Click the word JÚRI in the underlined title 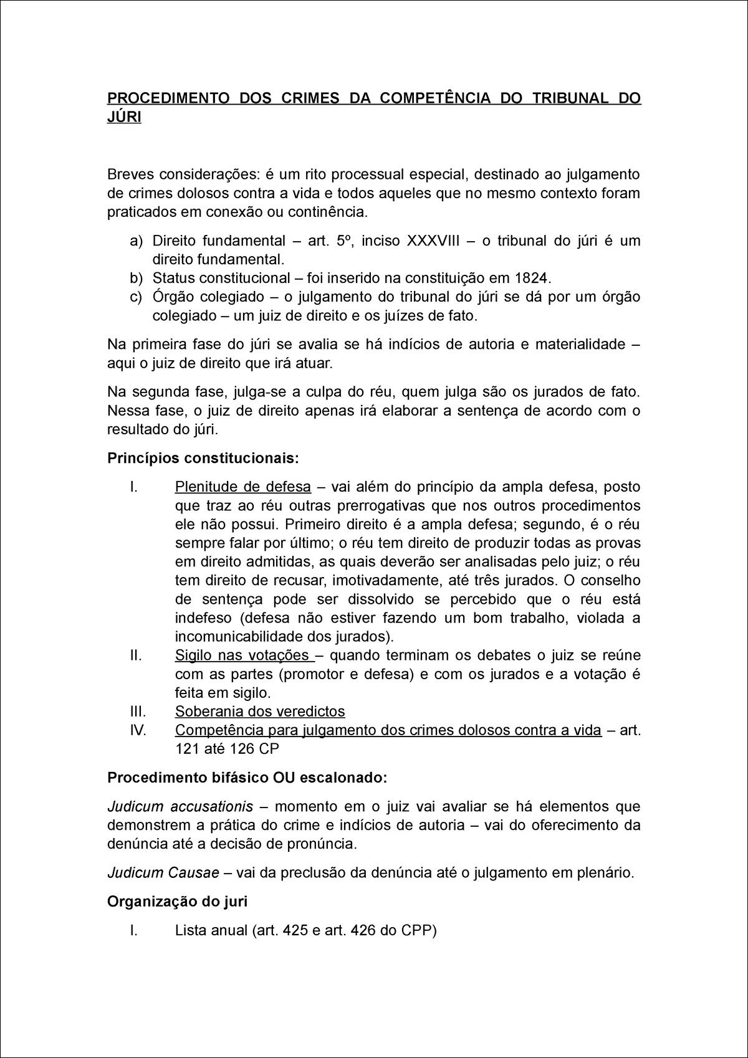click(124, 117)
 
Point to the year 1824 click(534, 278)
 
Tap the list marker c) click(136, 297)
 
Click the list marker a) click(136, 241)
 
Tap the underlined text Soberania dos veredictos click(259, 712)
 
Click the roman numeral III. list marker click(138, 712)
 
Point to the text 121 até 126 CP click(227, 749)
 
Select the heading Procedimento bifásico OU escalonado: click(247, 778)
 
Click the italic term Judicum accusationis click(180, 807)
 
